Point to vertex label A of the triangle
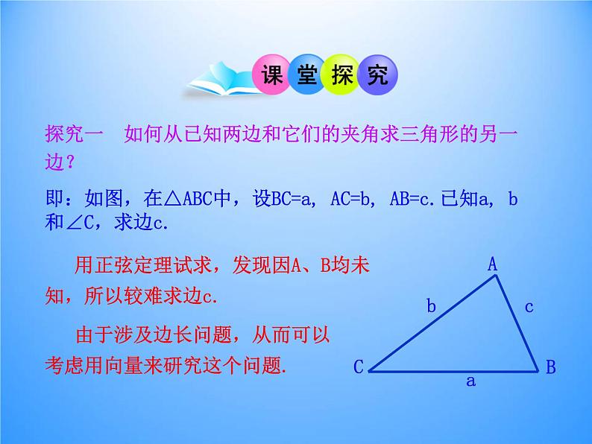pos(492,264)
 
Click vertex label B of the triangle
pos(550,367)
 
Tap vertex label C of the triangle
pos(358,367)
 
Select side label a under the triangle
pos(470,381)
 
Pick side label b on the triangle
pos(431,304)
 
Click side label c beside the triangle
pos(529,305)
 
